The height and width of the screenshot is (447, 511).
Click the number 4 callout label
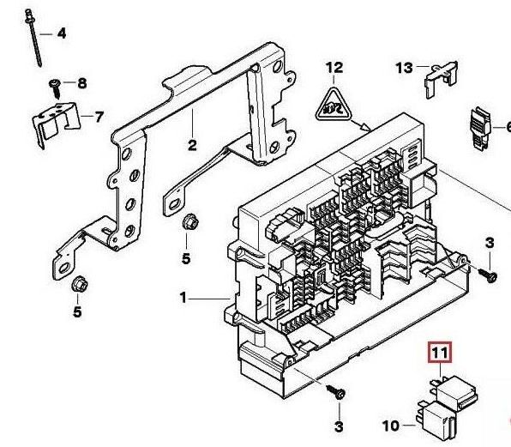62,33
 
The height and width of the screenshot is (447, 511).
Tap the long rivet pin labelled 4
33,38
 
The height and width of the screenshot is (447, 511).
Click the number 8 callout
82,83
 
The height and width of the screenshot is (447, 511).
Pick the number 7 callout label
99,117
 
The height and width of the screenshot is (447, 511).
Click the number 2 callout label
192,145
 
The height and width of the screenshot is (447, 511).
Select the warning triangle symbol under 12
333,106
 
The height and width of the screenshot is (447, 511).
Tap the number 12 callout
334,68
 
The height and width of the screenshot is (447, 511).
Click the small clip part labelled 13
441,78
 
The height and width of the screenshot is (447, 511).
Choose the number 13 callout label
404,68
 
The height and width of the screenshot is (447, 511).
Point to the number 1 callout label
183,298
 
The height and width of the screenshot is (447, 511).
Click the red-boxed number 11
440,353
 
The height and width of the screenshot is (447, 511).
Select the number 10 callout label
390,426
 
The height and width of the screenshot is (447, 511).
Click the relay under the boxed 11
454,393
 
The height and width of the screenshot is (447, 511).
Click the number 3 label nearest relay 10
339,426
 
